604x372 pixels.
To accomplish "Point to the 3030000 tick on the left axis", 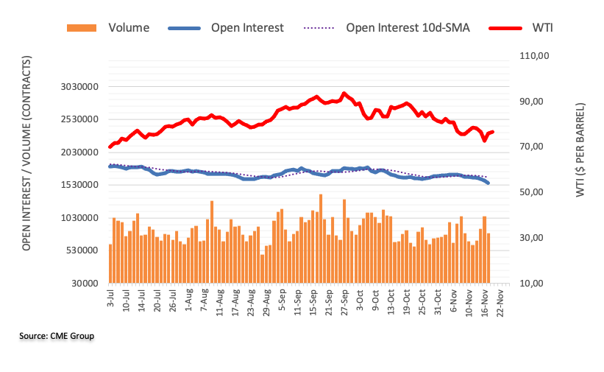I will tap(80, 87).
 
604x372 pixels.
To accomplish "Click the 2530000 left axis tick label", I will tap(80, 119).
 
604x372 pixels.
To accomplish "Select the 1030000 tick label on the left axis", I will tap(80, 218).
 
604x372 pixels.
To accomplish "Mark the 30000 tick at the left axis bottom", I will tap(86, 284).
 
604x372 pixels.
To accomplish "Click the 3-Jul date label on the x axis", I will tap(111, 298).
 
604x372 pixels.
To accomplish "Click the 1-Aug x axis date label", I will tap(189, 299).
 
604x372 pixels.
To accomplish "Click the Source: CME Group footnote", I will tap(57, 337).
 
